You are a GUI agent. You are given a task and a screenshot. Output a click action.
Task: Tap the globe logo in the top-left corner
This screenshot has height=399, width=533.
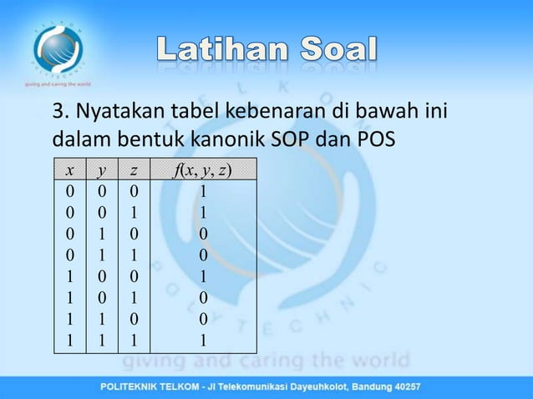pos(57,47)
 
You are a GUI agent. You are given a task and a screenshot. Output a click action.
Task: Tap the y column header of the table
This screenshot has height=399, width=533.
pos(101,171)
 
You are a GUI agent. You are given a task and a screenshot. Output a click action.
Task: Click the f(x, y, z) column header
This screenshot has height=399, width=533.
pos(201,171)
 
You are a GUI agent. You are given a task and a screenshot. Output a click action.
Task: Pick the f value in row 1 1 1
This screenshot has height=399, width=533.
pos(201,340)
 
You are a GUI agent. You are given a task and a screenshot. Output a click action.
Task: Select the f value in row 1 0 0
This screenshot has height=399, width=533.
pos(201,275)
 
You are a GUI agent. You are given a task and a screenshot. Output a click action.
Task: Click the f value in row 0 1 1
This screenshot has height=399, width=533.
pos(201,254)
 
